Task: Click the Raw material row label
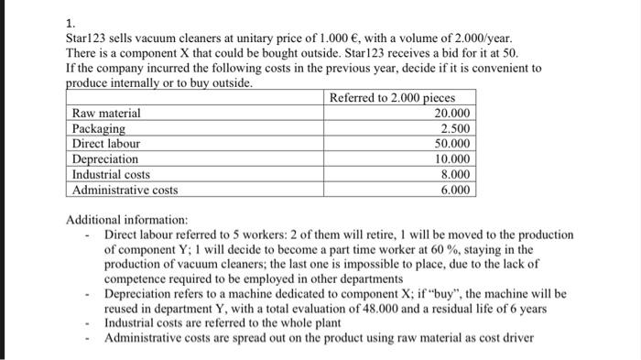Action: coord(106,113)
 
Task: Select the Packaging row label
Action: coord(100,128)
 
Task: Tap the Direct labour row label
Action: coord(106,144)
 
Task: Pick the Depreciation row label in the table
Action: coord(105,159)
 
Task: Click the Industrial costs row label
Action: coord(111,175)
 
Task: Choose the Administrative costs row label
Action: coord(125,191)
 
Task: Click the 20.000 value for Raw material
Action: coord(454,113)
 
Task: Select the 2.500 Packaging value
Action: coord(457,128)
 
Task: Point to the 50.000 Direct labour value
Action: coord(454,144)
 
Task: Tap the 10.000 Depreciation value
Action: coord(454,159)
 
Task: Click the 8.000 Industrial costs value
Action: coord(457,175)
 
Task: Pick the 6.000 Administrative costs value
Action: coord(457,191)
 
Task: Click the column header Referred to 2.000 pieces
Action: coord(392,97)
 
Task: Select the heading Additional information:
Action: coord(127,221)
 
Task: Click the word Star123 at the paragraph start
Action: coord(87,39)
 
